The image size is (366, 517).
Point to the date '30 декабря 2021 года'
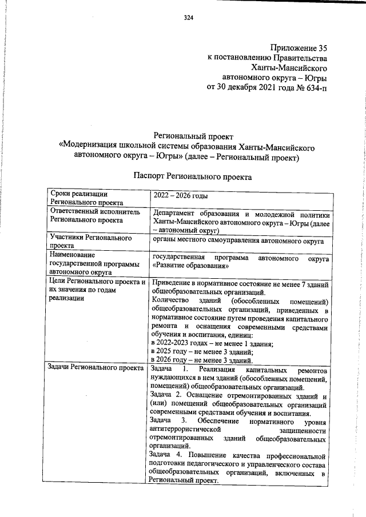tap(249, 89)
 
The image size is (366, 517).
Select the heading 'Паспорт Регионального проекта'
tap(192, 178)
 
